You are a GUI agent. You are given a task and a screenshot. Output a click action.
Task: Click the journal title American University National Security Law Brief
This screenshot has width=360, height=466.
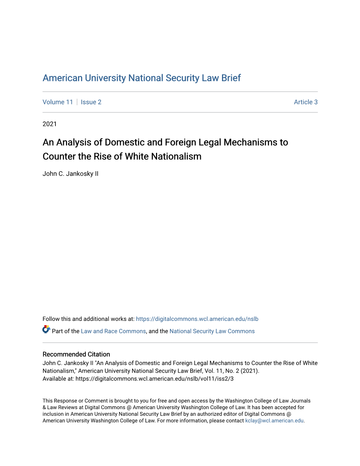pos(142,78)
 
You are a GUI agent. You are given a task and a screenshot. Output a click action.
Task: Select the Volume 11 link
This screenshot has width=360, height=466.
pos(58,102)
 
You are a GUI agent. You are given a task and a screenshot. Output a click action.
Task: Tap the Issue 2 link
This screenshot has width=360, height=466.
pos(91,102)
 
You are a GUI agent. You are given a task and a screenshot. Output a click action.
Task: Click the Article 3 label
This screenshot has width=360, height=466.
pos(306,102)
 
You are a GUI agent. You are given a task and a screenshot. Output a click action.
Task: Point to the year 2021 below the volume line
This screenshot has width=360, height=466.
pos(50,124)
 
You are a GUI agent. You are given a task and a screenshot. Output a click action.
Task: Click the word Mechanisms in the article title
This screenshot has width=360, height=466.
pos(251,142)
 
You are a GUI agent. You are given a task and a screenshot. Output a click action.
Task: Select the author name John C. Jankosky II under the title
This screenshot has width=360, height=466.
pos(71,174)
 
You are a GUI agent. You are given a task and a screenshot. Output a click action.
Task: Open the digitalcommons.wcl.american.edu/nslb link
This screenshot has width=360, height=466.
pos(197,319)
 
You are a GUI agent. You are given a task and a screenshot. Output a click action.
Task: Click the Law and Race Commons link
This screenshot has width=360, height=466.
pos(113,331)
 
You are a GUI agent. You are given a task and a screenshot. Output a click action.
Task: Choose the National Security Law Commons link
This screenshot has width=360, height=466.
pos(212,331)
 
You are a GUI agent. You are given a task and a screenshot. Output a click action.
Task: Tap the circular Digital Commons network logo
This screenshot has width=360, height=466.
pos(46,329)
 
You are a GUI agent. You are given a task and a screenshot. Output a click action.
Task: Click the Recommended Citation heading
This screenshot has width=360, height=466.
pos(76,354)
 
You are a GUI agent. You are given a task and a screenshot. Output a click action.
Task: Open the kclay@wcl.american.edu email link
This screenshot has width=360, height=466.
pos(274,420)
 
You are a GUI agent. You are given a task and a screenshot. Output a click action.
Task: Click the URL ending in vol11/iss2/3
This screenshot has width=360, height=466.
pos(155,378)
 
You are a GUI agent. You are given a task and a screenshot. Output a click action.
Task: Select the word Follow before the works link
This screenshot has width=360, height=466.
pos(51,319)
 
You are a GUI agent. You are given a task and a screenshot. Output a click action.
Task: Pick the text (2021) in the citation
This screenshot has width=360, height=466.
pos(250,371)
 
